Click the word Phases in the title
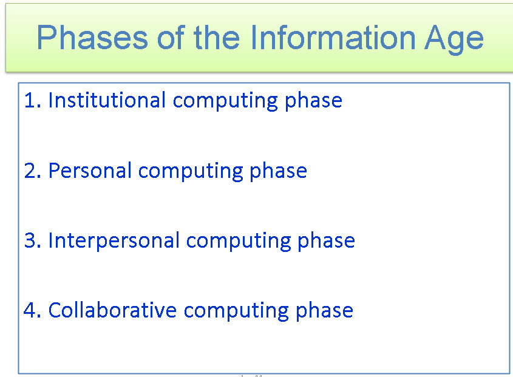[92, 38]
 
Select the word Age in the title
[450, 38]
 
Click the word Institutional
[107, 100]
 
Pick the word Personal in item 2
[90, 171]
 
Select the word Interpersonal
[114, 240]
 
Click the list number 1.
[29, 100]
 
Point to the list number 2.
[30, 171]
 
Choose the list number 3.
[30, 240]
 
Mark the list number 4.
[30, 310]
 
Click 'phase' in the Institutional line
[313, 100]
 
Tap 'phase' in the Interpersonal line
[326, 240]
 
